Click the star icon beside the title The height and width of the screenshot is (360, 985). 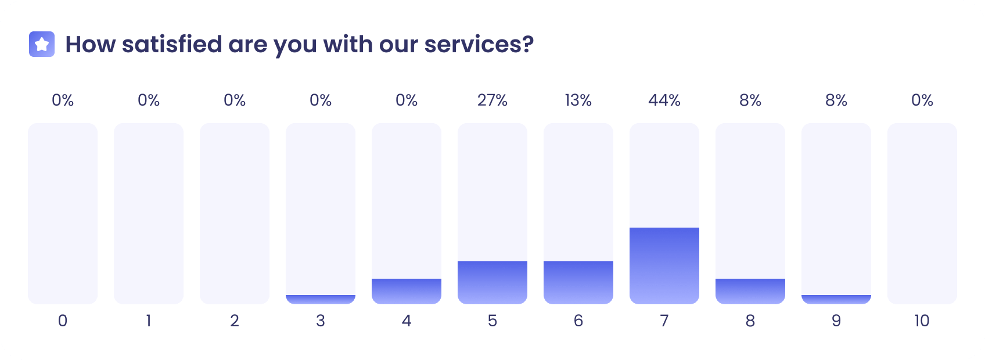(x=42, y=44)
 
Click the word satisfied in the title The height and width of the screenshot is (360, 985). (x=172, y=44)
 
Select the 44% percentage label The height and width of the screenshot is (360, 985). (x=664, y=100)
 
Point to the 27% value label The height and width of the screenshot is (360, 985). (x=492, y=100)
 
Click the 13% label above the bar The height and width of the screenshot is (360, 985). (x=578, y=100)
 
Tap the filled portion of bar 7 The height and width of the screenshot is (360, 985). (x=664, y=265)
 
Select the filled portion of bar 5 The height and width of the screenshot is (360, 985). (x=492, y=282)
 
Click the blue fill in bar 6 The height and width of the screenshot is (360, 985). (x=578, y=282)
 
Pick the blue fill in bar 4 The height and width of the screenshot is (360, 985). (x=407, y=291)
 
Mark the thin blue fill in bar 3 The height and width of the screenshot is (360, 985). (x=321, y=299)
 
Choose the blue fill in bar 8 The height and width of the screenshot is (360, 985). (x=750, y=291)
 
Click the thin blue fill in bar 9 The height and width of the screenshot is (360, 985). (x=836, y=299)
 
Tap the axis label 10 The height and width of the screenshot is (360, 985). (x=922, y=321)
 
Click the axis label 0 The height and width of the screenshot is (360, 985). (x=63, y=321)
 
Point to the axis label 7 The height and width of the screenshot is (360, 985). (x=664, y=321)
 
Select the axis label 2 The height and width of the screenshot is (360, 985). (x=235, y=321)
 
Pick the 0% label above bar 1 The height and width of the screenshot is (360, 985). (x=149, y=100)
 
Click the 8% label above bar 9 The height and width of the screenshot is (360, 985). (x=836, y=100)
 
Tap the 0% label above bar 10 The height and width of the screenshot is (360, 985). (x=922, y=100)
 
